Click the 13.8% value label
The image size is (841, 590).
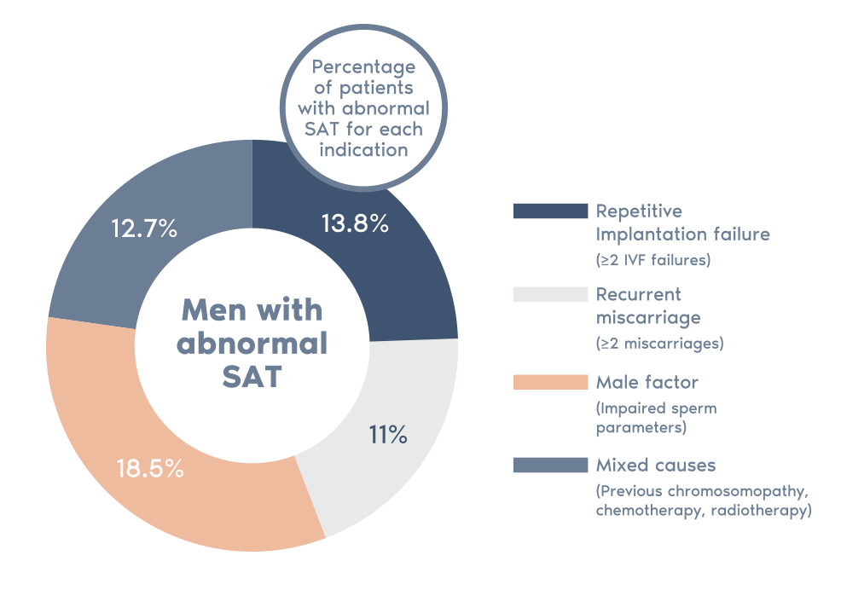click(x=355, y=224)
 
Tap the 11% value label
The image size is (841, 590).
click(x=388, y=436)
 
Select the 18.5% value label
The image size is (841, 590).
click(x=150, y=468)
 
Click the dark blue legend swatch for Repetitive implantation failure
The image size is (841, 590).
click(x=550, y=211)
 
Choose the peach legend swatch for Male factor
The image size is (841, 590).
click(x=550, y=382)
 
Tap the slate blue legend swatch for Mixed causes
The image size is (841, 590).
click(x=550, y=465)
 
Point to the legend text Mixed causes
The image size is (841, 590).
click(x=656, y=466)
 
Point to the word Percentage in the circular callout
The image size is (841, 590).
click(x=364, y=67)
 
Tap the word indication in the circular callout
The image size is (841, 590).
click(x=364, y=149)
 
